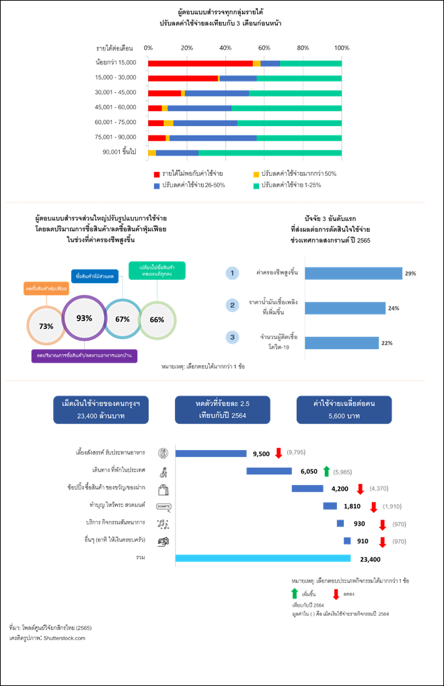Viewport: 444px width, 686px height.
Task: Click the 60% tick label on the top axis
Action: click(x=264, y=48)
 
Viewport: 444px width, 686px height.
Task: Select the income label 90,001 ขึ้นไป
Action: click(x=120, y=152)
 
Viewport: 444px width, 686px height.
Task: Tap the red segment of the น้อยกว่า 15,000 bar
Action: click(x=200, y=63)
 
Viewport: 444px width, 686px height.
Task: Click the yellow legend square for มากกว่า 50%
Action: click(x=256, y=173)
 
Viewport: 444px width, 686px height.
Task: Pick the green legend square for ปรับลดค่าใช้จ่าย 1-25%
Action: click(x=256, y=185)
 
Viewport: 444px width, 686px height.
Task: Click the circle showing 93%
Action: click(x=84, y=317)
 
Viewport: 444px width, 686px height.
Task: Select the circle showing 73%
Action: click(x=46, y=326)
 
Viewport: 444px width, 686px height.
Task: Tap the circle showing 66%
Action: click(x=157, y=319)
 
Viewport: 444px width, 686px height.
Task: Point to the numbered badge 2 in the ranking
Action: click(x=232, y=305)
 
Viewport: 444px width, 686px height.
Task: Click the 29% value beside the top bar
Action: click(x=410, y=274)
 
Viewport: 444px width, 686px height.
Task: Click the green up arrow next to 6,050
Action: click(x=326, y=471)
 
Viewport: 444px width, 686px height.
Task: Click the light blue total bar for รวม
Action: click(x=262, y=558)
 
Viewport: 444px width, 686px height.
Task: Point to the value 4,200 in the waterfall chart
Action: click(x=340, y=489)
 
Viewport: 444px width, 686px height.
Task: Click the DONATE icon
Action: click(x=163, y=506)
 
